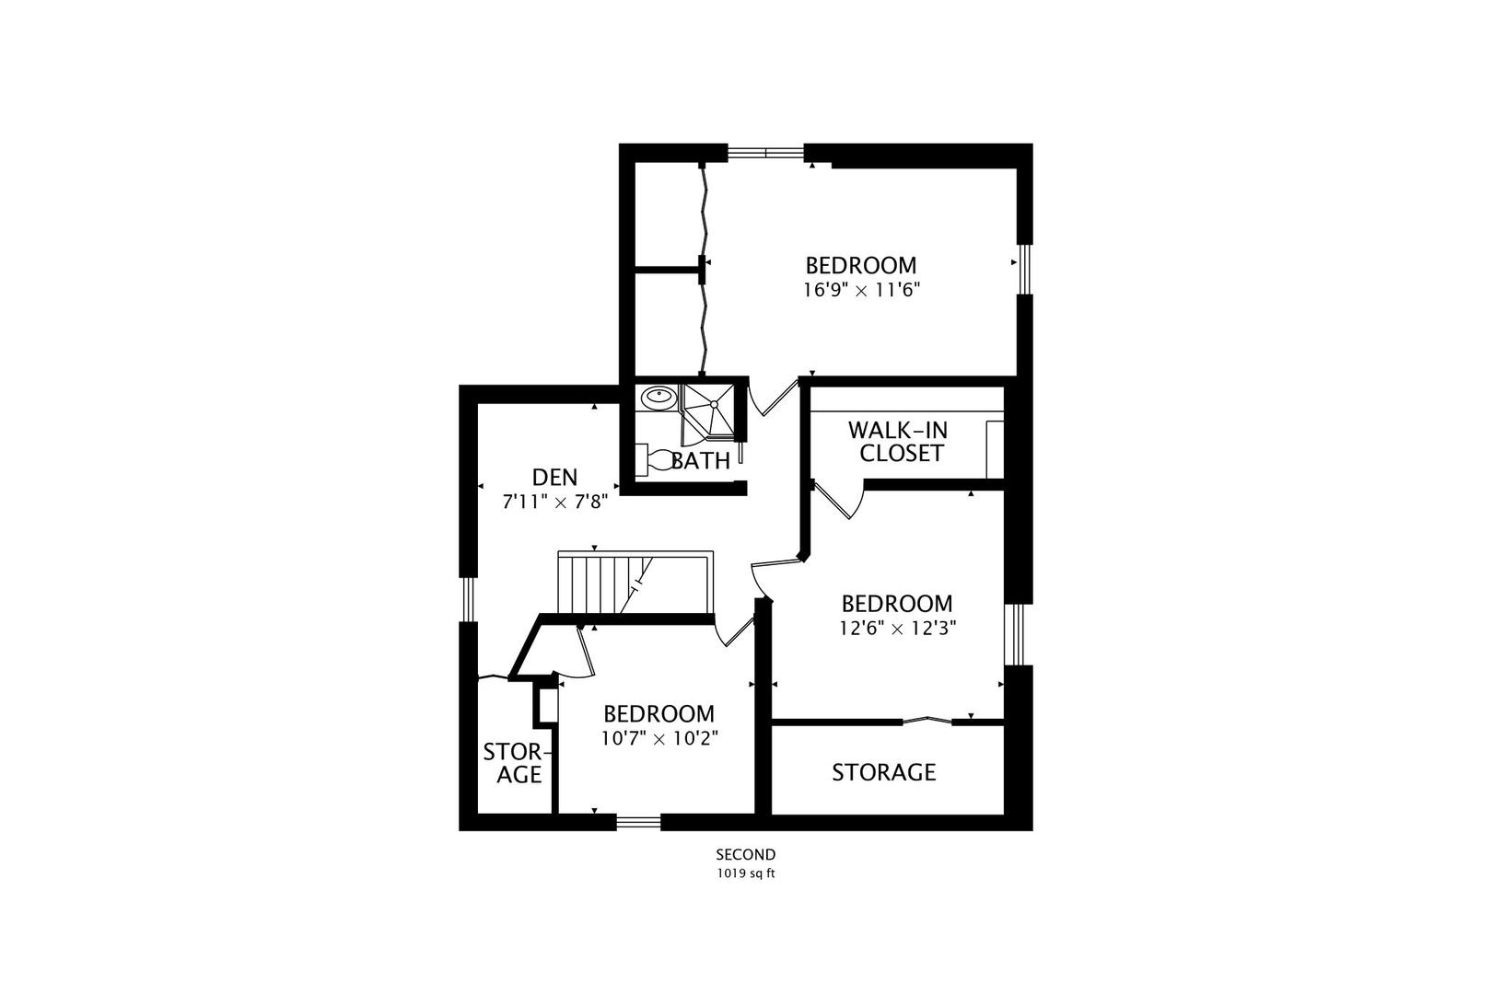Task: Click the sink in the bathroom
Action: point(659,398)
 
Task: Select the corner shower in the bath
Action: point(707,414)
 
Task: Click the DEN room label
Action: point(554,478)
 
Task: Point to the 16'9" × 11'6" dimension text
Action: point(861,290)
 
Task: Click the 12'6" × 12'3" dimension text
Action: point(897,628)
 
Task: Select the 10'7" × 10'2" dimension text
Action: point(659,738)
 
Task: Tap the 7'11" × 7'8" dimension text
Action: point(554,502)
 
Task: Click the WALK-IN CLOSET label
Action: point(897,442)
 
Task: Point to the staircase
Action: point(635,583)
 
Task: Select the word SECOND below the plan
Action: point(746,854)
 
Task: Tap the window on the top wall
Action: point(766,153)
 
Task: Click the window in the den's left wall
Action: point(468,599)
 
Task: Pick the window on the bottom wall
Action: point(638,823)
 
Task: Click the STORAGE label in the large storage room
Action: point(884,772)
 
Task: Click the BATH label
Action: point(701,461)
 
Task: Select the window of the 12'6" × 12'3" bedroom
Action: point(1017,634)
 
